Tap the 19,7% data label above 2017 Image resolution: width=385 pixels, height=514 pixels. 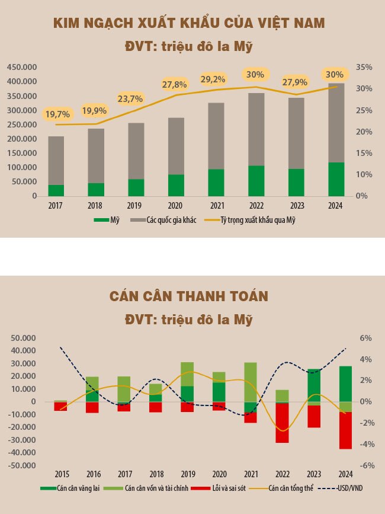coord(57,114)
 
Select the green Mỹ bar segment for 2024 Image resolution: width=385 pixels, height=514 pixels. coord(336,178)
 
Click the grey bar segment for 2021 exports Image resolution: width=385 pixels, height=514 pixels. coord(216,136)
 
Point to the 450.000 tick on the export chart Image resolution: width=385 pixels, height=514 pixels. coord(22,67)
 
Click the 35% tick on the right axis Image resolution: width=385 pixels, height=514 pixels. coord(364,68)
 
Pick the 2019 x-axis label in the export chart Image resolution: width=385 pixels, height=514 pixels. coord(136,205)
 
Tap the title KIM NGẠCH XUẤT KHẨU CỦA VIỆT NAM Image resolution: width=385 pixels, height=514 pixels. coord(189,24)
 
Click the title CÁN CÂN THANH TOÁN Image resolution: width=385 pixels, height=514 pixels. coord(189,296)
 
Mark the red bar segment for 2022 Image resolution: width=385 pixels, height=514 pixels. coord(282,423)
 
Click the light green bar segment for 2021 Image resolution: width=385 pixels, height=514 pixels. coord(251,382)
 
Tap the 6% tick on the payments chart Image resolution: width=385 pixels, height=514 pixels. coord(365,338)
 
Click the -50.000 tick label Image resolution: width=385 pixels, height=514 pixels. coord(22,466)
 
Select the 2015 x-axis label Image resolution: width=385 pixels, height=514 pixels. coord(62,474)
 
